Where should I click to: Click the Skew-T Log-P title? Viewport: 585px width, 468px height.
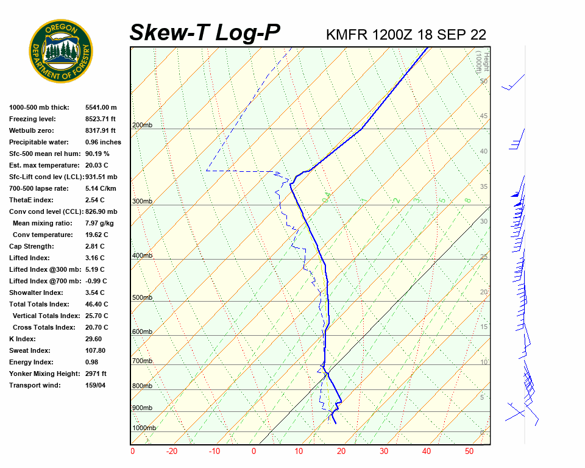coord(205,33)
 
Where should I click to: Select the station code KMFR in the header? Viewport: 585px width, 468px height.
coord(347,35)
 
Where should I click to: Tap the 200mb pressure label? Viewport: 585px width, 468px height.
coord(142,126)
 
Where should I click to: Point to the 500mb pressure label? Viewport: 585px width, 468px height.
coord(142,298)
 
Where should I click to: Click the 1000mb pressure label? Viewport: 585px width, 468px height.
coord(144,428)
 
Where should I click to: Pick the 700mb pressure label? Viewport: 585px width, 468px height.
coord(142,361)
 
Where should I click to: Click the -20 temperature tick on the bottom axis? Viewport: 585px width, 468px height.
coord(172,452)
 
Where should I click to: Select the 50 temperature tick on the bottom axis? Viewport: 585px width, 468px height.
coord(469,452)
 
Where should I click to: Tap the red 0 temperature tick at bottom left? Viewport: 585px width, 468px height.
coord(133,452)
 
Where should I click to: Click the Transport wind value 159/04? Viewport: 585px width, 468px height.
coord(96,385)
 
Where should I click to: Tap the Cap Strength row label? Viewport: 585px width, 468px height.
coord(31,246)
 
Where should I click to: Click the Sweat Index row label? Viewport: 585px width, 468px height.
coord(29,350)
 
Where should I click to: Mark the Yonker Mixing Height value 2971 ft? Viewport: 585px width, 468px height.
coord(96,374)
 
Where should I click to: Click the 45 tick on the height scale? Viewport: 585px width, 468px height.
coord(483,116)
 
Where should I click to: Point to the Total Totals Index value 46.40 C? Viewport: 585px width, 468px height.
coord(96,304)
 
